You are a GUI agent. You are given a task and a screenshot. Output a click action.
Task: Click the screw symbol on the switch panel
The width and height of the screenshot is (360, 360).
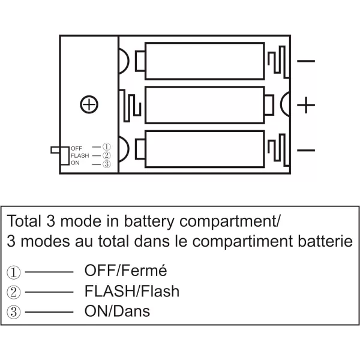click(x=89, y=105)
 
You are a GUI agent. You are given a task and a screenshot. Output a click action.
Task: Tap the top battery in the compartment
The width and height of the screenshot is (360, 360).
click(x=205, y=61)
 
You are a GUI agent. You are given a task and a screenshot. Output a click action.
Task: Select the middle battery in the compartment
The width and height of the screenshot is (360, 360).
click(x=205, y=104)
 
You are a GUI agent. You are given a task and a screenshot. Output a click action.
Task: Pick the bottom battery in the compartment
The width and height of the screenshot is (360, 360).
click(x=205, y=148)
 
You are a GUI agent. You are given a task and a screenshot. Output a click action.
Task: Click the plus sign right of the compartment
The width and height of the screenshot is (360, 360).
click(x=307, y=105)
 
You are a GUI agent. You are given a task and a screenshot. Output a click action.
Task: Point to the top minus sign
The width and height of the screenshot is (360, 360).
click(x=306, y=61)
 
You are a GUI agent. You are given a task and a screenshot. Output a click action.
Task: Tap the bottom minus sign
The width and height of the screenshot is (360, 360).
click(x=306, y=149)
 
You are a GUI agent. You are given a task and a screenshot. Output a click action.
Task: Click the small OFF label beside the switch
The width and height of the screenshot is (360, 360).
click(x=76, y=148)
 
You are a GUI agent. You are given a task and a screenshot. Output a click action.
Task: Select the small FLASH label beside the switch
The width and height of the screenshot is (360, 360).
click(x=79, y=156)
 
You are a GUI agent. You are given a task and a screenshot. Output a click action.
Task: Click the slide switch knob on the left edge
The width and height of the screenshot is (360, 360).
click(x=56, y=149)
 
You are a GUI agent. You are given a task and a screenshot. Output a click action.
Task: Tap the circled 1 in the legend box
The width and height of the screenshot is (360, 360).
click(x=14, y=272)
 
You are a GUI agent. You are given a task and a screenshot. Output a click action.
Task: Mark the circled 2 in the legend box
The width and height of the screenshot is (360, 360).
click(x=14, y=292)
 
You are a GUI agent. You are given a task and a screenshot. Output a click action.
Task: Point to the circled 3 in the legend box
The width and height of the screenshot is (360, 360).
click(x=14, y=312)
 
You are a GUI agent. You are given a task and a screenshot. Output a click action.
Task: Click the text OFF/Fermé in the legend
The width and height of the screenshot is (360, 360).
click(x=125, y=271)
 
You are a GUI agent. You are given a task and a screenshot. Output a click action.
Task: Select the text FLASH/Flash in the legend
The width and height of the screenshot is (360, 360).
click(x=131, y=292)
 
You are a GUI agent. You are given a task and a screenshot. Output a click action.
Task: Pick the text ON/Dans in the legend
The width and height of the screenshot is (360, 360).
click(x=117, y=311)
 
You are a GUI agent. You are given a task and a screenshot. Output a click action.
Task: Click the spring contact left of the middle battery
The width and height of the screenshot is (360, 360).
click(x=131, y=104)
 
